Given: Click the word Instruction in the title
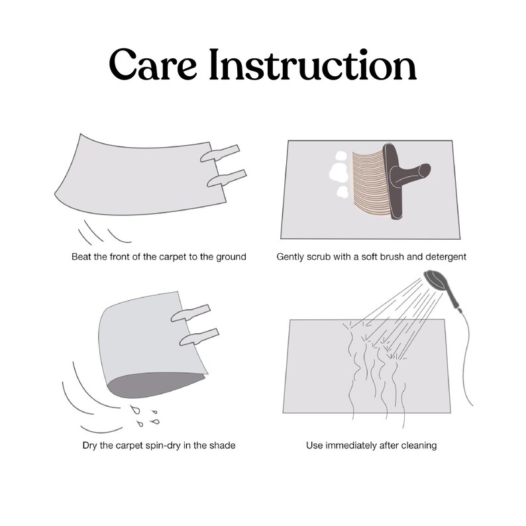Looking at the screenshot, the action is pyautogui.click(x=313, y=64).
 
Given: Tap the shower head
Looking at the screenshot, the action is pyautogui.click(x=435, y=280).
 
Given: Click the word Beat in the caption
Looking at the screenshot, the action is pyautogui.click(x=81, y=257).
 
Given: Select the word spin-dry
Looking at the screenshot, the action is pyautogui.click(x=164, y=446).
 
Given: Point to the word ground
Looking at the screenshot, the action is pyautogui.click(x=231, y=257).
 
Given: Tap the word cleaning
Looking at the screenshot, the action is pyautogui.click(x=419, y=446).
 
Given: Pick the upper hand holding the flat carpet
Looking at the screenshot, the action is pyautogui.click(x=220, y=153).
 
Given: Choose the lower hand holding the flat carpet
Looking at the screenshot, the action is pyautogui.click(x=227, y=178).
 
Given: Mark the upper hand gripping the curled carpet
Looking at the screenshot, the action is pyautogui.click(x=191, y=313).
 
